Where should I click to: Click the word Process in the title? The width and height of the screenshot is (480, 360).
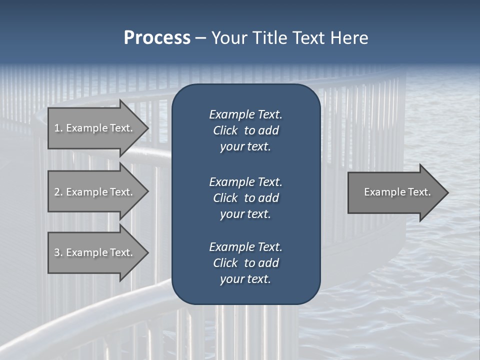(157, 38)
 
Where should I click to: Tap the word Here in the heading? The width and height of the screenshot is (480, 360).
(349, 38)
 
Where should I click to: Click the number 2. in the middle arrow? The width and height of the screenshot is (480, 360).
(58, 192)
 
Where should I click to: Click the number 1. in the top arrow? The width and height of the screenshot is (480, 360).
(58, 128)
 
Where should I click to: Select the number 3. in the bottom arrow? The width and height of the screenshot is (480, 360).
(58, 252)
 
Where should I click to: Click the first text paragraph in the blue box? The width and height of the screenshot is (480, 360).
(245, 130)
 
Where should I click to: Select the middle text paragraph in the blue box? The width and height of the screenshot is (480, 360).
(245, 197)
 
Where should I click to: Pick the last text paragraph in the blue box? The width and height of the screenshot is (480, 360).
(245, 263)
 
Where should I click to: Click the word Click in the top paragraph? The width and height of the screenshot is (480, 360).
(225, 130)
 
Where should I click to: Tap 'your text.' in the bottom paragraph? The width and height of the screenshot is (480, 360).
(245, 279)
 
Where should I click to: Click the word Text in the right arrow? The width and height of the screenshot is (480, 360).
(420, 192)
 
